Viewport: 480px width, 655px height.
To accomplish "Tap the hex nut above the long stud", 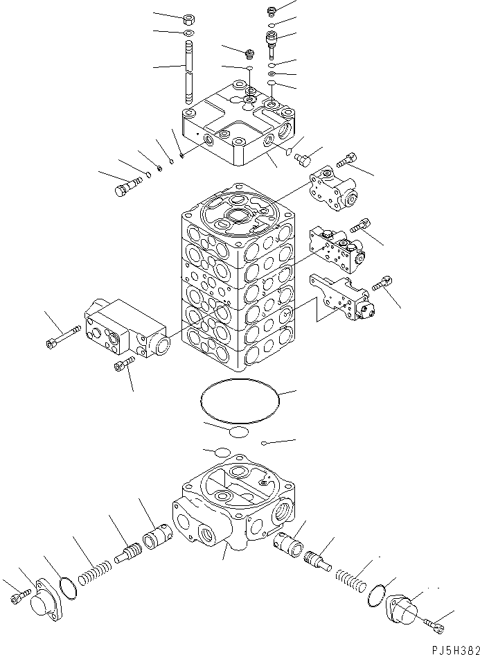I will (189, 19).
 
